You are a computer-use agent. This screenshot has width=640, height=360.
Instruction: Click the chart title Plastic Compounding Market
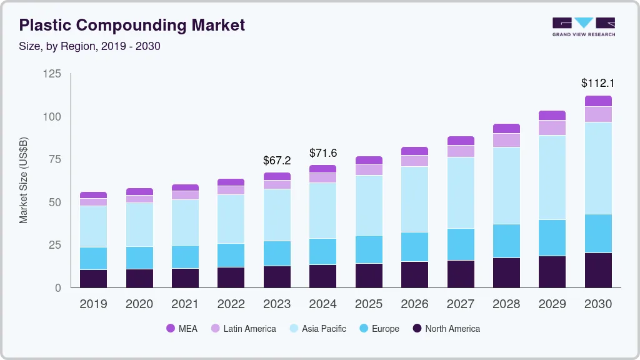tap(132, 26)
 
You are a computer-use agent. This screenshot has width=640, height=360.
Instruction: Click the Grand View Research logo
tap(583, 26)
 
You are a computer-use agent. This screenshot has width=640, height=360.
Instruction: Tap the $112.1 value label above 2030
tap(597, 83)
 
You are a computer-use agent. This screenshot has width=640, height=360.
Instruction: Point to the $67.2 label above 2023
tap(277, 161)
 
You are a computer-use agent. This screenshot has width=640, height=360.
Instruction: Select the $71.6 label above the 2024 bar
tap(323, 153)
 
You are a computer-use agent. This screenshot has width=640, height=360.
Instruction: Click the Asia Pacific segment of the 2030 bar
tap(598, 168)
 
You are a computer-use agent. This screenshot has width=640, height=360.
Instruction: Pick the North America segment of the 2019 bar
tap(93, 279)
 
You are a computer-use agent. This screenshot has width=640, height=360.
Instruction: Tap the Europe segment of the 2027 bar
tap(461, 244)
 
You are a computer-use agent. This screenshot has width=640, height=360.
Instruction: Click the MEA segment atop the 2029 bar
tap(552, 116)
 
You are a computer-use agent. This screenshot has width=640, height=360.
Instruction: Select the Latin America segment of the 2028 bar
tap(506, 140)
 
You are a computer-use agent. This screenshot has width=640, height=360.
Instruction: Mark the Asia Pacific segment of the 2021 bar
tap(185, 222)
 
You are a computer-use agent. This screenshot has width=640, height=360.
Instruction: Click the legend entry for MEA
tap(182, 328)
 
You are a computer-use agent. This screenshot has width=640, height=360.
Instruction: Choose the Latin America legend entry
tap(242, 328)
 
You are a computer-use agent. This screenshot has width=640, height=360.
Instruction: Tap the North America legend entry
tap(446, 328)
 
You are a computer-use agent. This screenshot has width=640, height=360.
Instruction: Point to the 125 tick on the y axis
tap(52, 74)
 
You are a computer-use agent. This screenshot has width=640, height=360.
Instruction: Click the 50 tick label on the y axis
tap(55, 202)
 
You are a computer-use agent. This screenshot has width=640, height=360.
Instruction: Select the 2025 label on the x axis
tap(369, 304)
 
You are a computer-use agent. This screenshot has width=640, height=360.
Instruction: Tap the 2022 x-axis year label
tap(231, 304)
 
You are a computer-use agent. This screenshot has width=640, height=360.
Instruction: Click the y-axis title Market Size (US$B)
tap(24, 180)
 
